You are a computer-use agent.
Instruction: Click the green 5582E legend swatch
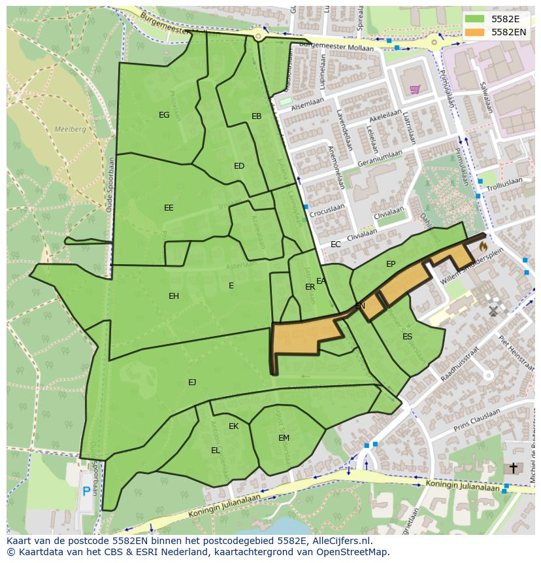pos(475,19)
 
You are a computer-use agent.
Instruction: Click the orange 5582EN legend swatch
pos(475,31)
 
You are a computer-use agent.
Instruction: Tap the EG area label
pos(164,115)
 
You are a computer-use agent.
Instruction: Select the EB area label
pos(256,116)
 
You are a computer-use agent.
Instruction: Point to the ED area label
pos(239,166)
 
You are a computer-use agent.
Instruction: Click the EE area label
pos(169,208)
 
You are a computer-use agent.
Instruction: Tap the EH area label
pos(173,296)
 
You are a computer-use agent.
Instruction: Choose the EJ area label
pos(192,382)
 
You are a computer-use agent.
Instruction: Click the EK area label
pos(233,426)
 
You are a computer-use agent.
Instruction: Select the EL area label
pos(215,451)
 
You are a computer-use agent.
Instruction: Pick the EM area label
pos(284,438)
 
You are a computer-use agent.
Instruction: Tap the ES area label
pos(407,337)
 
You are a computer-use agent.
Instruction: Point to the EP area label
pos(391,264)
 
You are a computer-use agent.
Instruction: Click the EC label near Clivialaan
pos(335,245)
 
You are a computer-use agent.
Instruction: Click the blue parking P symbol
pos(86,492)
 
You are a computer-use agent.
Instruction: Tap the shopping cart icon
pos(414,89)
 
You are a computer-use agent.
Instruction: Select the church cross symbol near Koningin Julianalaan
pos(514,468)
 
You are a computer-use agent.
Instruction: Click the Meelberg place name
pos(70,129)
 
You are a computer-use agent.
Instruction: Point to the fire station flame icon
pos(483,247)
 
